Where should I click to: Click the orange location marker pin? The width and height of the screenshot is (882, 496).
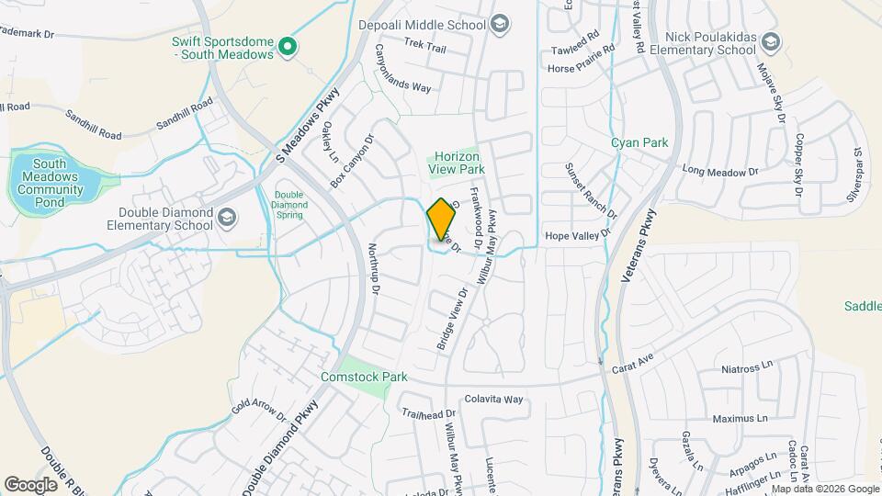(442, 218)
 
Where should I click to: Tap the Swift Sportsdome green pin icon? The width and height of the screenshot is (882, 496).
(288, 45)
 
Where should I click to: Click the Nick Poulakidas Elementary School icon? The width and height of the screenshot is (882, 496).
(770, 41)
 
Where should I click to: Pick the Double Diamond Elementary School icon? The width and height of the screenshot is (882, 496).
(226, 218)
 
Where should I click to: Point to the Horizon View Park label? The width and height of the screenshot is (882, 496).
(455, 163)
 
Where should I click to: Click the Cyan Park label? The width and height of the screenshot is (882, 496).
(639, 142)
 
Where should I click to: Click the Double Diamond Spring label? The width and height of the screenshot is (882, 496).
(288, 206)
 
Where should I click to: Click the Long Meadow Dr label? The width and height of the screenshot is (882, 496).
(719, 172)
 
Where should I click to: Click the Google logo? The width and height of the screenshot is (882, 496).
(30, 484)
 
